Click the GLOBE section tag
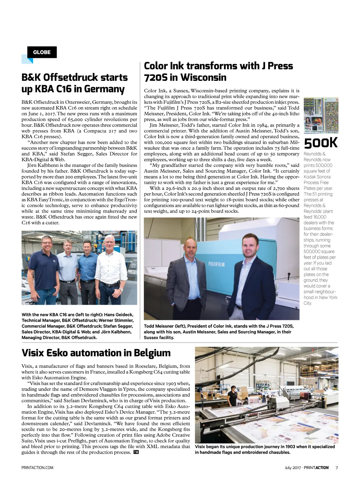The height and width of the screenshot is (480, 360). click(x=42, y=52)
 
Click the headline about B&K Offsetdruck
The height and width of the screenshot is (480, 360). click(x=75, y=83)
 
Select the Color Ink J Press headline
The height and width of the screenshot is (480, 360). click(x=218, y=71)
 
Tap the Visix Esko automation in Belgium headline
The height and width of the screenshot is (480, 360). click(x=96, y=353)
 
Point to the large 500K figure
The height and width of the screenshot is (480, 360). click(x=321, y=143)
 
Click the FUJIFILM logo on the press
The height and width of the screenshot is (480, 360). click(x=216, y=264)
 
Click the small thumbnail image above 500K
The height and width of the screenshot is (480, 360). click(x=321, y=115)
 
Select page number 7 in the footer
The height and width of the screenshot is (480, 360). click(x=336, y=468)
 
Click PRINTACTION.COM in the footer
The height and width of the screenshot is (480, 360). click(x=37, y=468)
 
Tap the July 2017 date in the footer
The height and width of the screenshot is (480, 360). click(x=293, y=468)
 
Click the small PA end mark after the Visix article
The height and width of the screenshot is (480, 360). click(x=136, y=452)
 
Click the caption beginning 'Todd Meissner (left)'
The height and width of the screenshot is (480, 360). click(x=218, y=332)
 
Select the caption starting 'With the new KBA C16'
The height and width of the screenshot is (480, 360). click(x=77, y=326)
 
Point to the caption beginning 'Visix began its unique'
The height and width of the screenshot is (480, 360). click(x=265, y=449)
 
